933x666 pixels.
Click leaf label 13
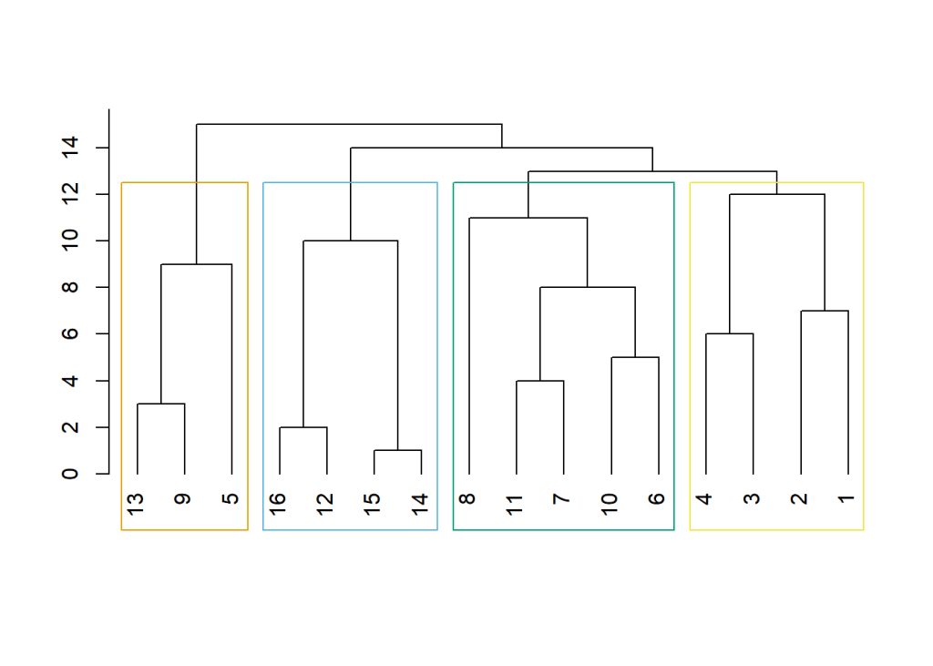click(137, 503)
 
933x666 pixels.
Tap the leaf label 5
click(231, 499)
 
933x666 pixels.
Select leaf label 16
click(279, 503)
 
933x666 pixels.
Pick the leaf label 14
click(421, 503)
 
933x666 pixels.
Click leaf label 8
click(468, 499)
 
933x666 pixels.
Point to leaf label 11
click(516, 503)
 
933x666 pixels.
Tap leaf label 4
click(705, 499)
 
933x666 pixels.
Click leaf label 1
click(847, 499)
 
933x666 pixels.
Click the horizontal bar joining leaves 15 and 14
click(397, 450)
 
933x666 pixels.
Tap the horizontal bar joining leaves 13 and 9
click(160, 404)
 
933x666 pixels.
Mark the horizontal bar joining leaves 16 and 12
click(302, 427)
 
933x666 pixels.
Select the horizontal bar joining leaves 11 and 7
click(539, 381)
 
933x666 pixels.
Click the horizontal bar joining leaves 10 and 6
click(634, 357)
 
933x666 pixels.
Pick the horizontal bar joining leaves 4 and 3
click(729, 333)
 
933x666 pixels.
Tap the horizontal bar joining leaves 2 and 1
click(824, 311)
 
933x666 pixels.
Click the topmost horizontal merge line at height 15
click(349, 124)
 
